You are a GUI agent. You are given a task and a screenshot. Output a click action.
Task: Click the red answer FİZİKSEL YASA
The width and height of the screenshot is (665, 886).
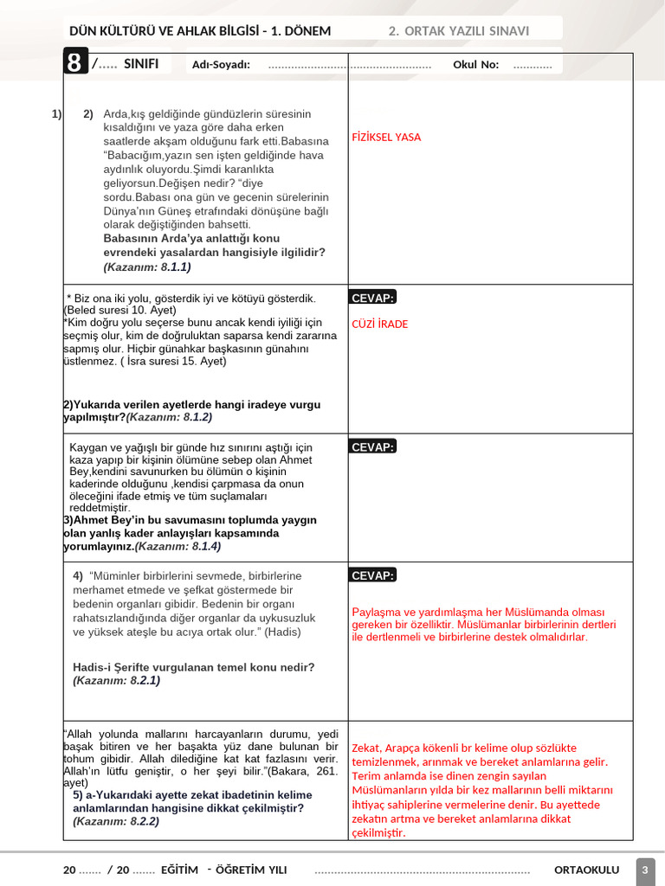pyautogui.click(x=386, y=138)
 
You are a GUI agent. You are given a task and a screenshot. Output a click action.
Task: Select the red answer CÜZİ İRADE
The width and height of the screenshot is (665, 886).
pyautogui.click(x=379, y=324)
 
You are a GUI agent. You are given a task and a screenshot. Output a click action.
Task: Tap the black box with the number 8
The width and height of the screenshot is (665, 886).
pyautogui.click(x=75, y=64)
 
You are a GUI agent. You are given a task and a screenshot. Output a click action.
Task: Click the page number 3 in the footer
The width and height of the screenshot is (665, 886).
pyautogui.click(x=645, y=870)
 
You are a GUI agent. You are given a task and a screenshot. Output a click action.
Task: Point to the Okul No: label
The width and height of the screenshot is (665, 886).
pyautogui.click(x=475, y=64)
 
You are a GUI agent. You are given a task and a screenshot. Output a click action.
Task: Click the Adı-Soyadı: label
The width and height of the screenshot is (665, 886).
pyautogui.click(x=221, y=64)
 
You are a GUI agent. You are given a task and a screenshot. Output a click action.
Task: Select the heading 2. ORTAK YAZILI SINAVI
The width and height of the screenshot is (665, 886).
pyautogui.click(x=458, y=31)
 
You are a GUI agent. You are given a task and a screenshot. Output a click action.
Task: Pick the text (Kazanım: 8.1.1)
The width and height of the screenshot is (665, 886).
pyautogui.click(x=147, y=267)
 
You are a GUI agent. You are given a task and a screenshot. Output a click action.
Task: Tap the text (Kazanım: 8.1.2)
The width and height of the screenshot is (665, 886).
pyautogui.click(x=169, y=417)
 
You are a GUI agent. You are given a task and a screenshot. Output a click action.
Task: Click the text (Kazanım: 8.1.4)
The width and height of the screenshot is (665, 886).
pyautogui.click(x=178, y=547)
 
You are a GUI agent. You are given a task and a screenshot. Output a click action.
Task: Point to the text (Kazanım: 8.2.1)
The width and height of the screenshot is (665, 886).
pyautogui.click(x=117, y=681)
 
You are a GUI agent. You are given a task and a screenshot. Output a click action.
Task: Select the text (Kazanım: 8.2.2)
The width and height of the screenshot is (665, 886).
pyautogui.click(x=116, y=821)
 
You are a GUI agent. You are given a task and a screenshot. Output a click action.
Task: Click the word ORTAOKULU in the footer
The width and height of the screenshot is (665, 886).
pyautogui.click(x=586, y=870)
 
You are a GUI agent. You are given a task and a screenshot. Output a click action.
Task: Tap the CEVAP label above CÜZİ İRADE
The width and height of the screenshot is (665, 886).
pyautogui.click(x=372, y=299)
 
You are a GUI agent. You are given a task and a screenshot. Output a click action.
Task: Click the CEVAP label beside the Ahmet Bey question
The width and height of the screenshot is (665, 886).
pyautogui.click(x=372, y=447)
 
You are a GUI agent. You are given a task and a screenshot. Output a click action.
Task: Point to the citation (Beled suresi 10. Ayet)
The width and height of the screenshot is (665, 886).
pyautogui.click(x=120, y=310)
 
